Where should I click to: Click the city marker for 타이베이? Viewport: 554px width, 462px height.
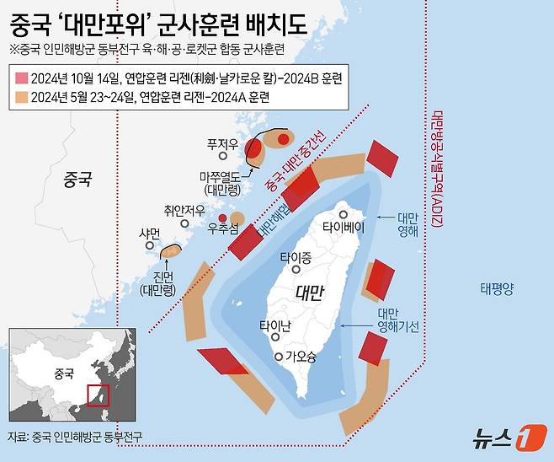[343, 214]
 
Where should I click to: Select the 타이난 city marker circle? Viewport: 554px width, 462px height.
[274, 339]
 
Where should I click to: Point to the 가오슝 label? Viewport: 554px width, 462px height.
[301, 357]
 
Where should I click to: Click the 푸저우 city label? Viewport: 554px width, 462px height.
[222, 143]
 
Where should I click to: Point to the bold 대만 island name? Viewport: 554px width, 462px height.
[311, 293]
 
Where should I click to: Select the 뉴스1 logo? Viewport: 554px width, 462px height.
[505, 437]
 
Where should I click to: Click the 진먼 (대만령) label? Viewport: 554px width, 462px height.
[157, 285]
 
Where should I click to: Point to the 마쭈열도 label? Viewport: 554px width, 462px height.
[221, 183]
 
